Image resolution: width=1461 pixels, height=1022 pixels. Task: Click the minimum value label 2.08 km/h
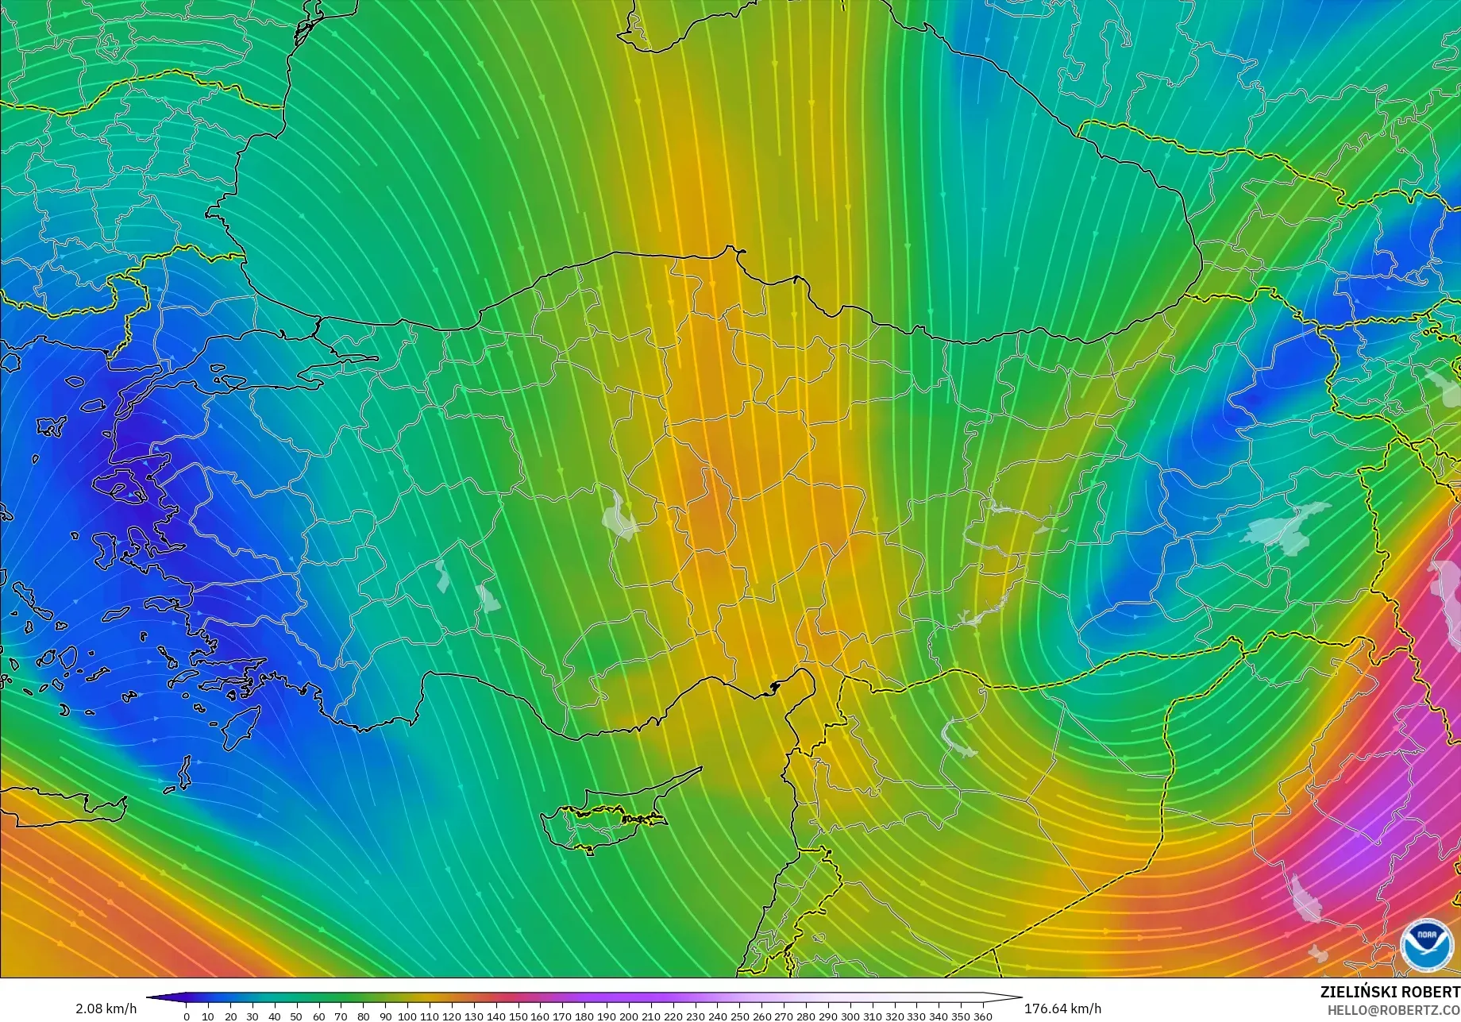point(106,1009)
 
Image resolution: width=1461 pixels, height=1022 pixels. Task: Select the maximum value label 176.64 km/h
point(1062,1009)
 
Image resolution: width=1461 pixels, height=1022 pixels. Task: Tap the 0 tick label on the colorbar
point(187,1016)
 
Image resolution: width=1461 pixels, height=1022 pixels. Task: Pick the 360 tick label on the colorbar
point(983,1016)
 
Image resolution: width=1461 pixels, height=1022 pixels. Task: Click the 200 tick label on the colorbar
point(629,1016)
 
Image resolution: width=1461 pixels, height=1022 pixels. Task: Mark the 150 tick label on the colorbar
point(518,1016)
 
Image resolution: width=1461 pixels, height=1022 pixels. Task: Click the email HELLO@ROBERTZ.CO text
point(1394,1009)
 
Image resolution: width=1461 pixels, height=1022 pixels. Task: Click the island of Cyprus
point(603,818)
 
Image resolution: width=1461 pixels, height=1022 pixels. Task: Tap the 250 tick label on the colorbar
point(739,1016)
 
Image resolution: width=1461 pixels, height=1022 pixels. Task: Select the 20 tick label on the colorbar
point(230,1016)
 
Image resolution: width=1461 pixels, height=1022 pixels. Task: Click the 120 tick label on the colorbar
point(452,1016)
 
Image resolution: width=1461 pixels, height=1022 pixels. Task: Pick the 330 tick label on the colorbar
point(916,1016)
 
